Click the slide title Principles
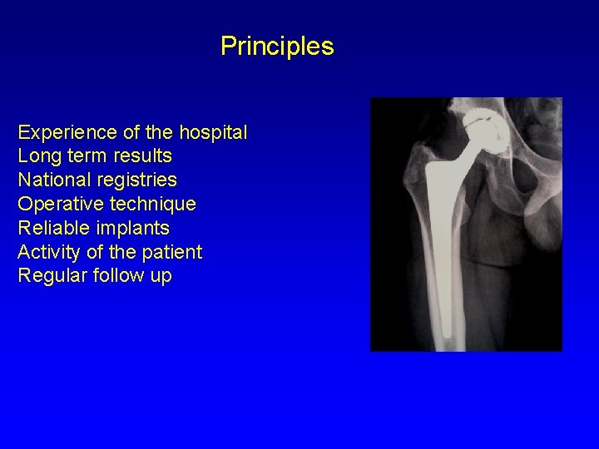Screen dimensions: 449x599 277,47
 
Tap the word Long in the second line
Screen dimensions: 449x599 36,156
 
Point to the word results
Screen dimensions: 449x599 141,156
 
